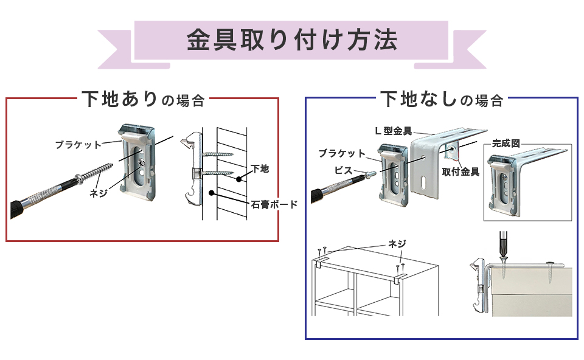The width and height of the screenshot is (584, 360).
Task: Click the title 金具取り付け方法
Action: coord(291,41)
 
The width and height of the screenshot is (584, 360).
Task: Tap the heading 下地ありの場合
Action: coord(142,99)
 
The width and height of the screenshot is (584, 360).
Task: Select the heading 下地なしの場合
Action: coord(441,99)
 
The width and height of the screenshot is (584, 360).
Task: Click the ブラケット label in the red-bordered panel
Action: coord(78,144)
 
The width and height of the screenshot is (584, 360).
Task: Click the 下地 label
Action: coord(260,168)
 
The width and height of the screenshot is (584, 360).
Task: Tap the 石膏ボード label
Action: coord(274,204)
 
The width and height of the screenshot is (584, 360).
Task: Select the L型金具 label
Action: coord(392,131)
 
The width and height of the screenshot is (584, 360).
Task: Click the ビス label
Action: coord(343,171)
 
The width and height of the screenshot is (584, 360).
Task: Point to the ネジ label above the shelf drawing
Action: coord(397,244)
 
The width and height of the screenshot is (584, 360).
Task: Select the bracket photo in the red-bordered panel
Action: coord(138,162)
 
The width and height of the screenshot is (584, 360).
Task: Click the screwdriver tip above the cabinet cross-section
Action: coord(504,252)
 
